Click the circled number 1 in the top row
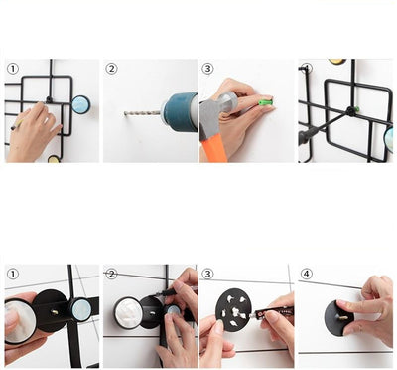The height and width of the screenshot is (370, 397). tap(13, 69)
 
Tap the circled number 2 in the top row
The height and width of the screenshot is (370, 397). tap(111, 69)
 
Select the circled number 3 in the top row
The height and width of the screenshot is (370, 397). tap(207, 69)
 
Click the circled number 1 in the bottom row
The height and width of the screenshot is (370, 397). tap(13, 274)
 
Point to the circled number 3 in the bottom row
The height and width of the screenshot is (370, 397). tap(207, 274)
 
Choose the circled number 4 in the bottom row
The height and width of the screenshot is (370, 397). tap(306, 274)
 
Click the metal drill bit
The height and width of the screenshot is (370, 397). tap(142, 113)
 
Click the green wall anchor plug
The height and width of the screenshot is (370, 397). tap(266, 102)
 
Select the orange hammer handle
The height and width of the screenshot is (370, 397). tap(214, 148)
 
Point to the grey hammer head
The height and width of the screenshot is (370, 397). tap(215, 112)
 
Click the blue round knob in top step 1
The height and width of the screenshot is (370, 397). tap(81, 104)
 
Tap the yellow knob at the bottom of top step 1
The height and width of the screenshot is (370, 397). tap(54, 159)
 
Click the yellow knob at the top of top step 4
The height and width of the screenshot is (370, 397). tap(337, 62)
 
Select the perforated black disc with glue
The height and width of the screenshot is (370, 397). tap(233, 309)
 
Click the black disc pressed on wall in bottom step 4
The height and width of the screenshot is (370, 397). tap(338, 318)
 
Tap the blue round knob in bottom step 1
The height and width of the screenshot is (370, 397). tap(81, 310)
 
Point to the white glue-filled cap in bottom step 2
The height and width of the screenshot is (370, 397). tap(129, 313)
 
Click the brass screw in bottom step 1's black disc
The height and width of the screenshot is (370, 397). tap(55, 312)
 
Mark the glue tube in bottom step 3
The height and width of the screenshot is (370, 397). tap(271, 312)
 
